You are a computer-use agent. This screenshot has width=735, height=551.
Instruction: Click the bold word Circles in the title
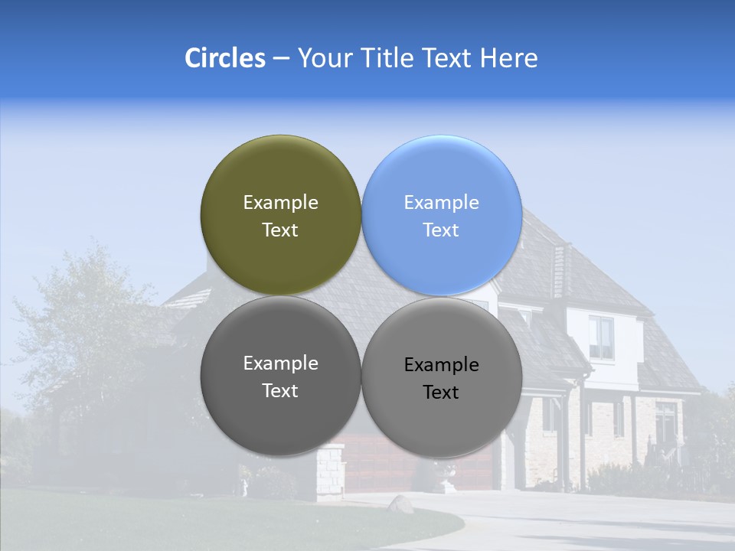pos(224,58)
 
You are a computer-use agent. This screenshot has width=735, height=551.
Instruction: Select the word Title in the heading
pos(387,58)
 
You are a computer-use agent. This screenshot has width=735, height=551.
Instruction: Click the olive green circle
pos(280,168)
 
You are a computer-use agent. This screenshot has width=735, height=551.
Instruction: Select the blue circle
pos(442,168)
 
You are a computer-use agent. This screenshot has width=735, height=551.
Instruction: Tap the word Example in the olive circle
pos(280,202)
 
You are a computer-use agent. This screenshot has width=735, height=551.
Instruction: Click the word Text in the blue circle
pos(441,230)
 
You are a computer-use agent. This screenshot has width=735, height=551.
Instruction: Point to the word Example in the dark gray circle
pos(280,363)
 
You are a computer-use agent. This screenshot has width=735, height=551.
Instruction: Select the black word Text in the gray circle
pos(441,393)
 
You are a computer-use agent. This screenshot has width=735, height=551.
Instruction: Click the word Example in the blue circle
pos(441,202)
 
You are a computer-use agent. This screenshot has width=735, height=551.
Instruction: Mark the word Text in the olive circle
pos(280,230)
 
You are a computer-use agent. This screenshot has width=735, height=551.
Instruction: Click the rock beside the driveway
pos(400,503)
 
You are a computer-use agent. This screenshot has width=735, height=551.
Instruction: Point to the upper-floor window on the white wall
pos(601,337)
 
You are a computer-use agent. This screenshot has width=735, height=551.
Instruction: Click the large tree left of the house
pos(84,321)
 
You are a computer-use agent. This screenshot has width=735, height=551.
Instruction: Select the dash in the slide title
pos(281,59)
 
